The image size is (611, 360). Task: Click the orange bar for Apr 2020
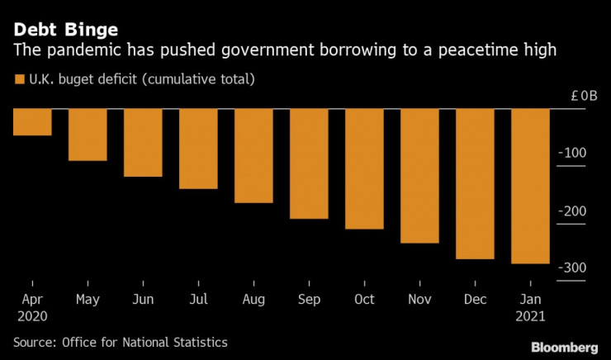(32, 121)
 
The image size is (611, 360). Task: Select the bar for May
(88, 134)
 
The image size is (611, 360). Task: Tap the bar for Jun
(143, 142)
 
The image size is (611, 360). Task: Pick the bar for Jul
(198, 149)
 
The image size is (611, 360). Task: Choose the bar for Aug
(253, 155)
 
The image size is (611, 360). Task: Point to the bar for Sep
(309, 163)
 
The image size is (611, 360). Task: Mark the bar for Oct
(364, 168)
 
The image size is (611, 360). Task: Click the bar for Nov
(419, 175)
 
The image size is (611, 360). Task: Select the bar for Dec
(475, 183)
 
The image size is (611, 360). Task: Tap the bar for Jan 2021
(530, 186)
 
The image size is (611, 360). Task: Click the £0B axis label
(584, 96)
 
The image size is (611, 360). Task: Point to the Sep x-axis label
(309, 299)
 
